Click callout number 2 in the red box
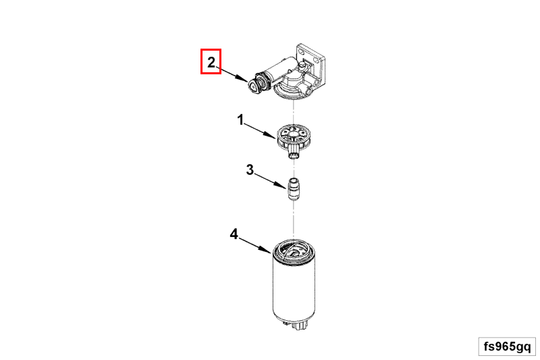211,62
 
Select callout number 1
240,120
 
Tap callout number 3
250,170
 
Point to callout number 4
234,234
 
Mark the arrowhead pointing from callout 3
281,184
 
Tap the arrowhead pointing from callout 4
266,249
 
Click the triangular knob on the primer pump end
254,85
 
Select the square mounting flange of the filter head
313,59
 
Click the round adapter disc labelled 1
293,135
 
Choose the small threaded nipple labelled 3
294,189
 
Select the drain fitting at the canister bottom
299,324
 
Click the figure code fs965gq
507,346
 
